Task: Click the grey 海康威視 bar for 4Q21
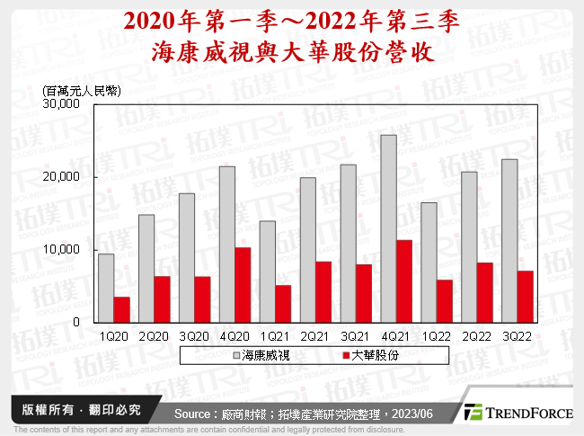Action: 389,228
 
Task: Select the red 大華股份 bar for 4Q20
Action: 243,284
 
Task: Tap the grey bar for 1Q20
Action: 106,288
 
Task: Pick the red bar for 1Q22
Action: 444,300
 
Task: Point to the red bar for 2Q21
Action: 323,291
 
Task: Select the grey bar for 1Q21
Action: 268,271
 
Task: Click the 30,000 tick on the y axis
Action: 62,104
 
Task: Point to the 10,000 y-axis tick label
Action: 62,249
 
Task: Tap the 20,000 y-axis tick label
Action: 62,177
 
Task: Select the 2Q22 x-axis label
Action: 477,334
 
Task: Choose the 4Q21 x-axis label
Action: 396,334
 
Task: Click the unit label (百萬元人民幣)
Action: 82,90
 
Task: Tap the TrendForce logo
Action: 517,413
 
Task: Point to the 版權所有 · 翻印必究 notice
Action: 74,410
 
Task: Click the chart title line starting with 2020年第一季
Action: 292,21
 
